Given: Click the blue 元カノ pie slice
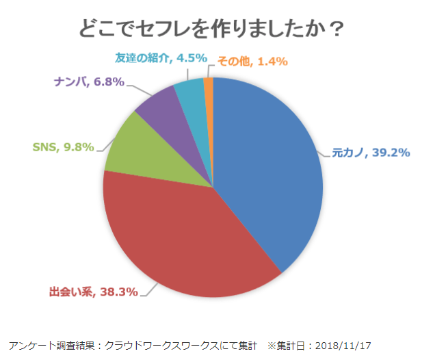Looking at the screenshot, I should pos(274,171).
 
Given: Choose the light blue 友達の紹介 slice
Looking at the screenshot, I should pos(191,96).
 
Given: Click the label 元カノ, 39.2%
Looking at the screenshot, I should pos(370,153).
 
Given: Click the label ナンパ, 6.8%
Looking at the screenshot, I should pos(89,82).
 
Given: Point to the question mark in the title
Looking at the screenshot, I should pos(336,29).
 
